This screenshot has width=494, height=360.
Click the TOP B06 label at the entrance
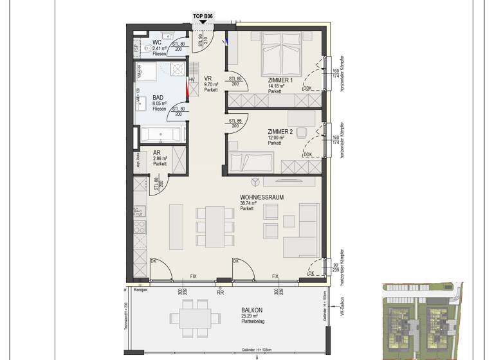[x=203, y=17]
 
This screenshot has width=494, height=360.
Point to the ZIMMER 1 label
[x=280, y=80]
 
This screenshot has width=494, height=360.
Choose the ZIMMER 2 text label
[x=280, y=131]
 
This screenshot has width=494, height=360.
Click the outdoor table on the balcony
[x=191, y=318]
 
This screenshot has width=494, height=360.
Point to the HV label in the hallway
[x=191, y=79]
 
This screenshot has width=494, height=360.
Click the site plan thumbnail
[x=421, y=321]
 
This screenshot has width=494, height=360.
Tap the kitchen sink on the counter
[x=139, y=211]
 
